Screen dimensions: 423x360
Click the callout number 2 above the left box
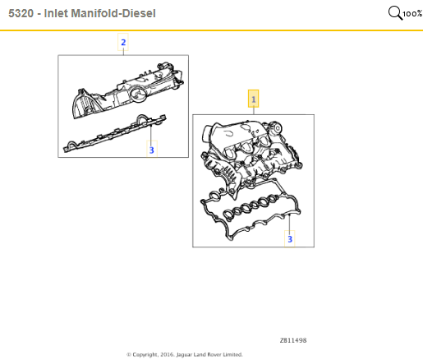pos(123,42)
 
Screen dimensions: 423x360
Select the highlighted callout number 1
pos(254,99)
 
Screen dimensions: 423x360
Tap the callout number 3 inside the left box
pos(152,150)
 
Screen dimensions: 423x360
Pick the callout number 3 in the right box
pos(290,239)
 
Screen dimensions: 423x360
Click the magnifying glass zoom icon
pos(395,13)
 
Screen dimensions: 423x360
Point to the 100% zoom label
pos(412,14)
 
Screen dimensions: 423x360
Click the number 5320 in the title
pos(21,13)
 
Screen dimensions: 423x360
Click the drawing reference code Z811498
pos(293,340)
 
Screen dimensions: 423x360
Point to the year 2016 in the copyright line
pos(166,354)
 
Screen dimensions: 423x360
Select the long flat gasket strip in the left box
pos(114,133)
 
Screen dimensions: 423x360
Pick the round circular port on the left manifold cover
pos(137,94)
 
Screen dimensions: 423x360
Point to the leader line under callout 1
pos(254,111)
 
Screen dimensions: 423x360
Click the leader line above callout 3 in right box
pos(290,223)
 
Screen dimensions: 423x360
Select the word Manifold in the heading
pos(94,13)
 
